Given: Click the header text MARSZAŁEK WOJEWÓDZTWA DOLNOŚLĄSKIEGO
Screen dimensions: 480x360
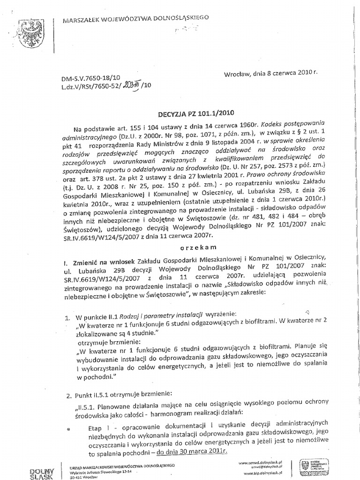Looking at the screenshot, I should coord(136,19).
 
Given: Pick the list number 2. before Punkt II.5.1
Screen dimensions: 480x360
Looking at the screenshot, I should coord(68,392).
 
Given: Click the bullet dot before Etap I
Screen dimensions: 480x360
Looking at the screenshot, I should coord(69,428).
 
